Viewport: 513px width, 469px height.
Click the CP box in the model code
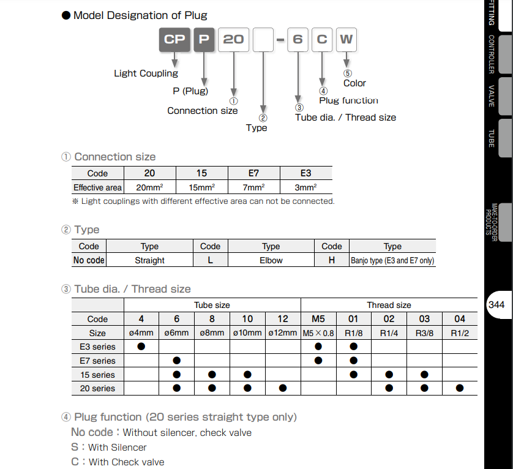pos(174,39)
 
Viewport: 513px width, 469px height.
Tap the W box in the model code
pos(346,39)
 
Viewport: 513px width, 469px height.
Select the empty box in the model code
pos(263,39)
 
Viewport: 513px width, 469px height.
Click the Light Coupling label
pos(146,73)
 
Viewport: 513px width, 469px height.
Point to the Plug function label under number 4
pos(348,100)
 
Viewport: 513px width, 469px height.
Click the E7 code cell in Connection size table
pos(254,173)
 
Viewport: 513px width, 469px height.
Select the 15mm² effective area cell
pos(201,187)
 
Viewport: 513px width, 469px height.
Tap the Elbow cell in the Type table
pos(271,260)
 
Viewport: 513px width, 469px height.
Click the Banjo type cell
pos(392,260)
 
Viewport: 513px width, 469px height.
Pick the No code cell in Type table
pos(89,260)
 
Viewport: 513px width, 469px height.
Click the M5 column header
pos(318,319)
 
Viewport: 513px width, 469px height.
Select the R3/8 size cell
pos(424,333)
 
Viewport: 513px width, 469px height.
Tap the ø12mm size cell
pos(283,333)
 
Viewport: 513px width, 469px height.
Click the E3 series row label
pos(97,347)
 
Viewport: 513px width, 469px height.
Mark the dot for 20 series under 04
pos(459,388)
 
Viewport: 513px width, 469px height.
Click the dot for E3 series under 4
pos(141,347)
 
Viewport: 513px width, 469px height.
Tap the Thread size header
pos(389,305)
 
